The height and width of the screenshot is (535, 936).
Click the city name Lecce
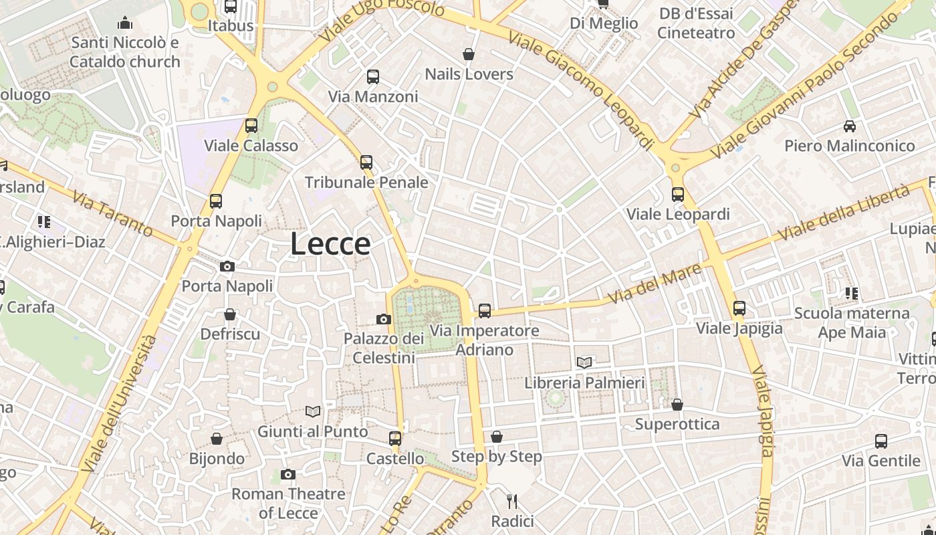330,244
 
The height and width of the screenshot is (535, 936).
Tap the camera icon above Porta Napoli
227,266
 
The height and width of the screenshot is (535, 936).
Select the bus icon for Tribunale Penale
366,162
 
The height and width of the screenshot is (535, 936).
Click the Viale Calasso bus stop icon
251,125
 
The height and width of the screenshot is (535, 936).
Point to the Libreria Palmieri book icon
584,362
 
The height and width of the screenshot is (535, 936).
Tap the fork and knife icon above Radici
512,501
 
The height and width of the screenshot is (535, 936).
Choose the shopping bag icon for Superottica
677,404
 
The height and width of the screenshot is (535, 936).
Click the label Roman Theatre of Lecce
288,503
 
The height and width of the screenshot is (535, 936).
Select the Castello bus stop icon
395,439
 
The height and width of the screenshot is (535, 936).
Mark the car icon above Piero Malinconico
849,126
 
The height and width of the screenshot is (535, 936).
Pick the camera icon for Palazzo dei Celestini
384,319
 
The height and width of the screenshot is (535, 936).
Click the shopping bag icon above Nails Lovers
469,53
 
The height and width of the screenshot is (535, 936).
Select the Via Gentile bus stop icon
881,441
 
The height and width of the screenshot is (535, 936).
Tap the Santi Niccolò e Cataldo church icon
125,23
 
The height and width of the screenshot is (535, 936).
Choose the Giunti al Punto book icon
313,411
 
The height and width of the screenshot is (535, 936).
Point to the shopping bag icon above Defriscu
230,314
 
